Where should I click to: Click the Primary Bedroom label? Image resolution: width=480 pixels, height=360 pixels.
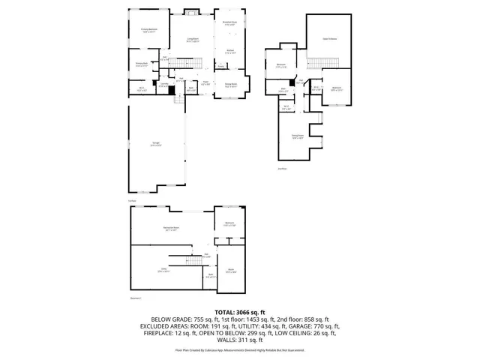(x=148, y=31)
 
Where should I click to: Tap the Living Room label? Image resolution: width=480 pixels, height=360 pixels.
(x=192, y=40)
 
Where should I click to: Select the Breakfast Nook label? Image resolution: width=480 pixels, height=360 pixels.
(x=230, y=24)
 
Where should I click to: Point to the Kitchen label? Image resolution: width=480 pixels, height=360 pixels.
(x=230, y=52)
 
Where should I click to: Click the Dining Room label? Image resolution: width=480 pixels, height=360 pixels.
(x=230, y=85)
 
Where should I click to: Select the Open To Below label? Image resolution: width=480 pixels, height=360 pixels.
(x=329, y=38)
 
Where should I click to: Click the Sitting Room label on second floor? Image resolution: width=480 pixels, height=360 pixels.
(x=298, y=136)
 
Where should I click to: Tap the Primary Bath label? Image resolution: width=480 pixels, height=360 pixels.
(x=141, y=65)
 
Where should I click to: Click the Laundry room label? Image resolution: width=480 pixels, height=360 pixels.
(x=162, y=85)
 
